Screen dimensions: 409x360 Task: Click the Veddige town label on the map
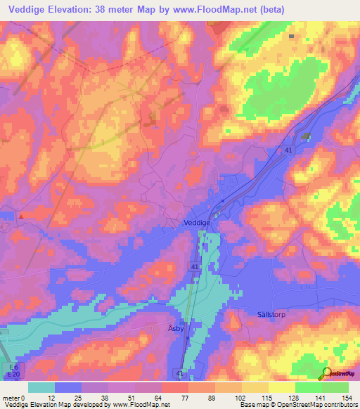[x=197, y=222]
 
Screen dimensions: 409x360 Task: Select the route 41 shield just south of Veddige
[x=195, y=267]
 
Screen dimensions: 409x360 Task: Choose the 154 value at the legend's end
[x=348, y=398]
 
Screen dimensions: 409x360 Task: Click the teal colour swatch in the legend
[x=41, y=387]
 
